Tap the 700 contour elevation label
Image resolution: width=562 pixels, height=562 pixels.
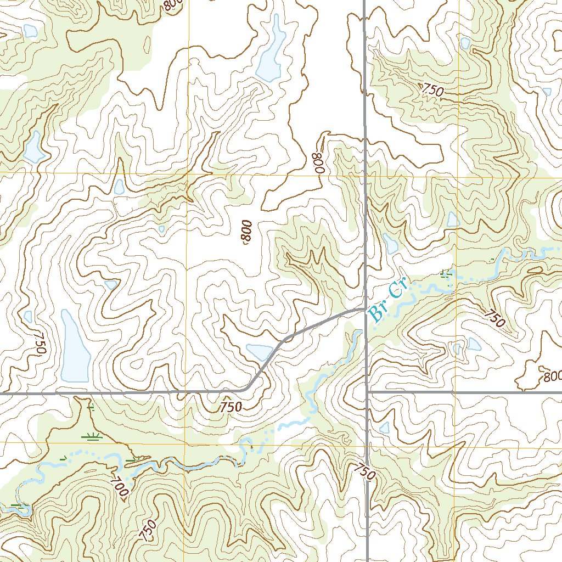point(119,487)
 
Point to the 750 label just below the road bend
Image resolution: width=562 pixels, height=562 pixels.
point(231,407)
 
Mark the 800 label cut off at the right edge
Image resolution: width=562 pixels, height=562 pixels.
point(553,378)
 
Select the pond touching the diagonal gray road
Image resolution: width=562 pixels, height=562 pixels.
point(260,351)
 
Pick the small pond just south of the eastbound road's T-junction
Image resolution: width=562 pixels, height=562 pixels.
point(385,427)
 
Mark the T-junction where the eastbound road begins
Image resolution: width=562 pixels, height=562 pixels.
point(367,392)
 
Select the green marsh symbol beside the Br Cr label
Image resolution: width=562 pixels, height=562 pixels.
point(447,274)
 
